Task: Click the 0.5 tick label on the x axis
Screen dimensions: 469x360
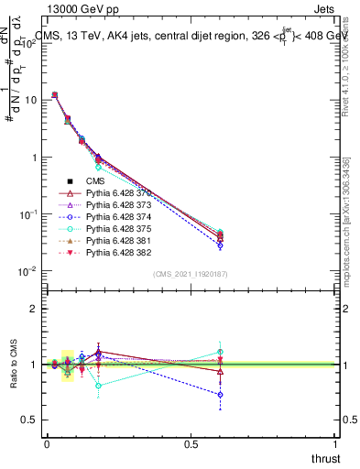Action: click(x=191, y=443)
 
